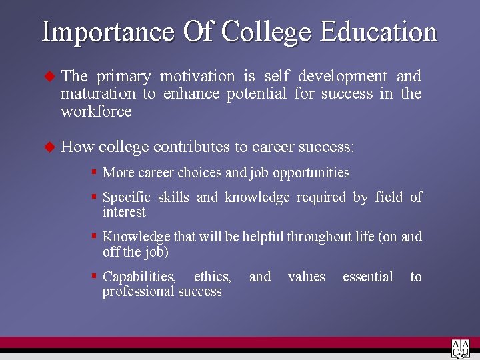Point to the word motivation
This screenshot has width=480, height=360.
tap(197, 77)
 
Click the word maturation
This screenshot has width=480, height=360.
tap(98, 94)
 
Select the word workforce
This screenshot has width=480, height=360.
tap(96, 111)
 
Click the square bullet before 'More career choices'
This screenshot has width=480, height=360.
tap(95, 172)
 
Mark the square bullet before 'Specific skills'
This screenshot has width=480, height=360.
tap(95, 197)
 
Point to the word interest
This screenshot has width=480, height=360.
tap(124, 212)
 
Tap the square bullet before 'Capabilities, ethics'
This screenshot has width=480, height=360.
tap(95, 275)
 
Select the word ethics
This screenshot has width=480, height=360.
tap(213, 277)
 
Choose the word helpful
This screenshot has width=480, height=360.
tap(265, 237)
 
